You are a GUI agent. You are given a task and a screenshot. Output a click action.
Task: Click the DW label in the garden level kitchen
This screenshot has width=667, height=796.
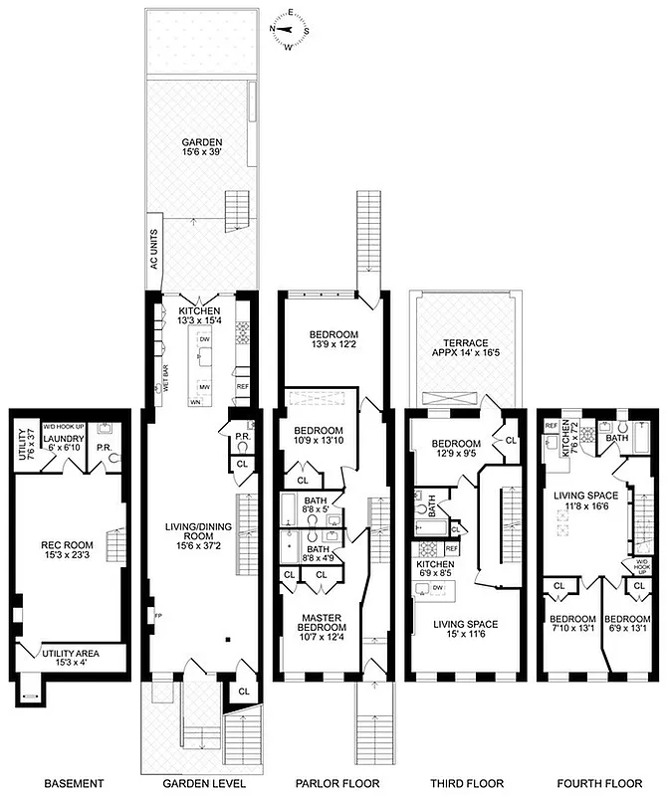click(x=203, y=339)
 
